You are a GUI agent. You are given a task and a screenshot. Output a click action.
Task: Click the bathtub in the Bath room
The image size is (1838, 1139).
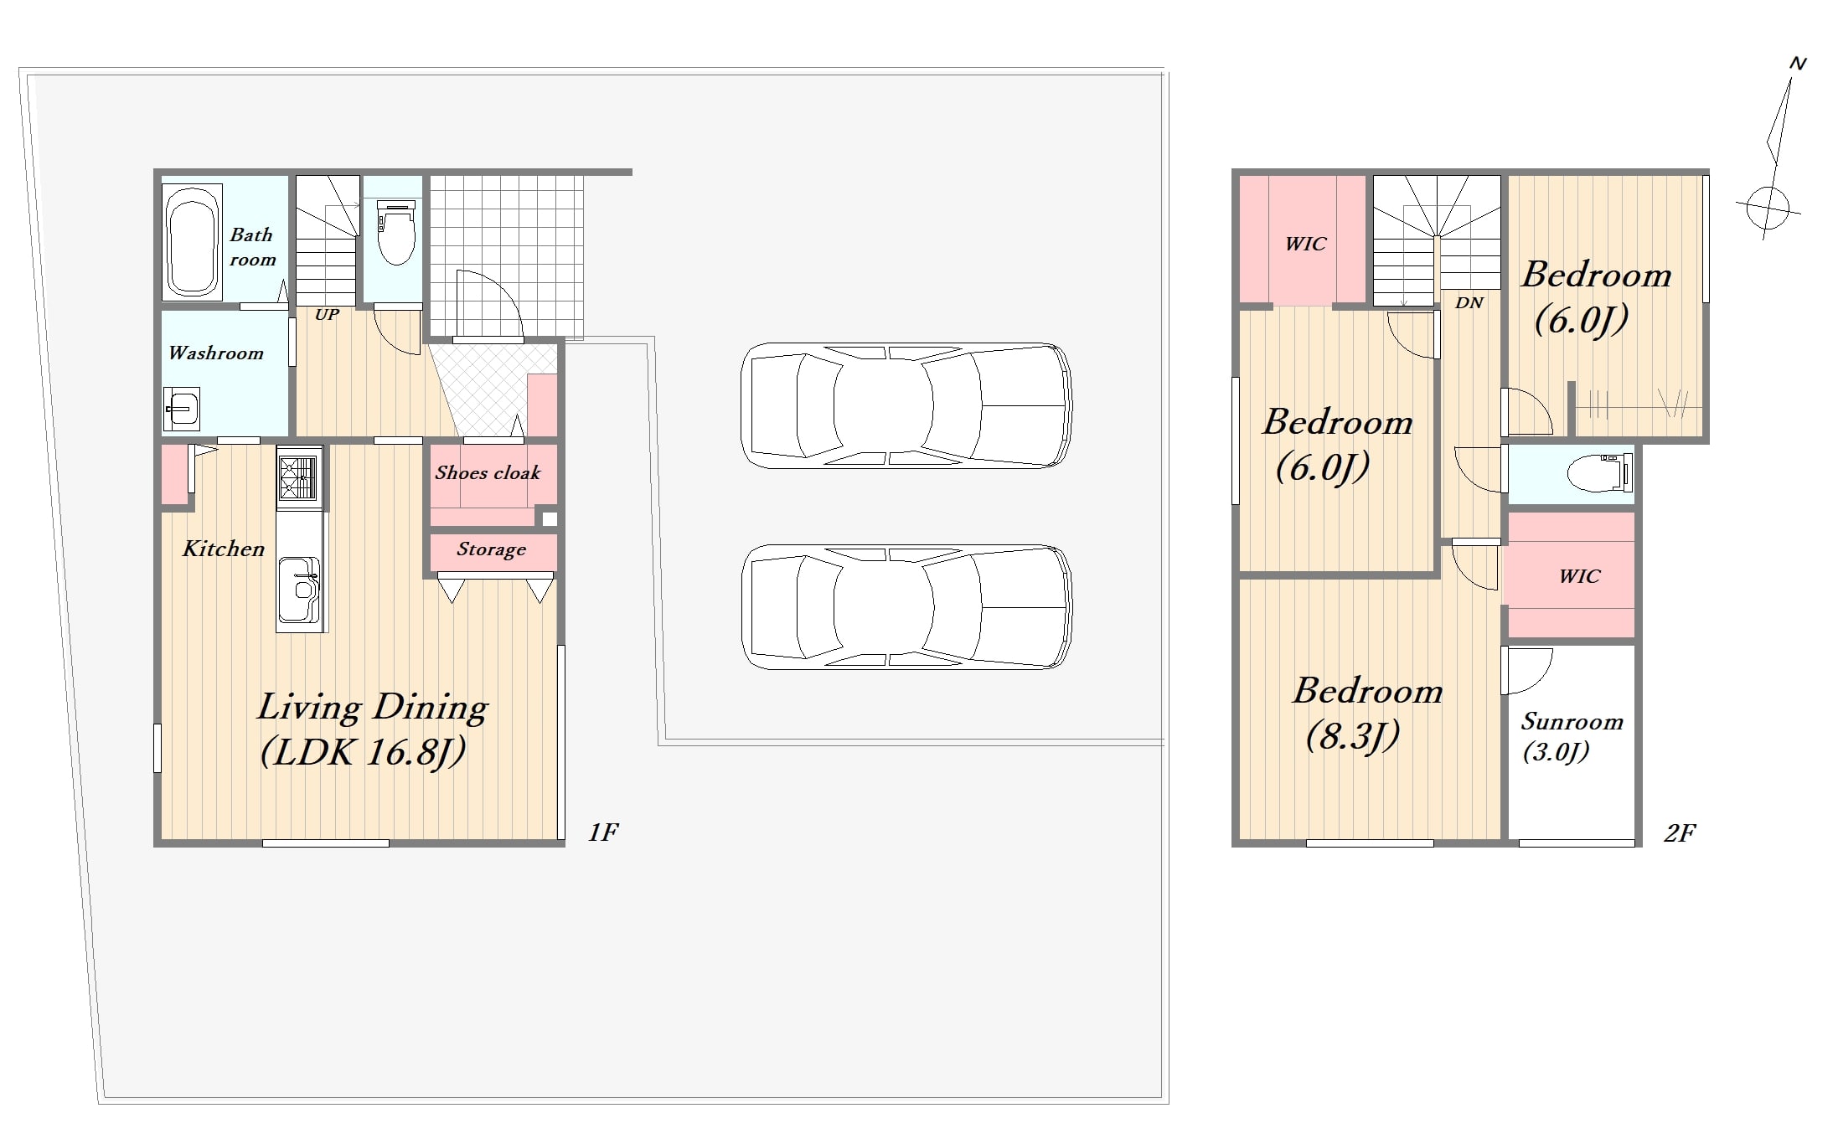tap(192, 242)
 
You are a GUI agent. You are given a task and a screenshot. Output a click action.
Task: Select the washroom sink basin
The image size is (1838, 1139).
tap(182, 408)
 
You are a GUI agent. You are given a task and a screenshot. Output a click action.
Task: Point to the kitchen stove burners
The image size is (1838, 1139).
tap(298, 478)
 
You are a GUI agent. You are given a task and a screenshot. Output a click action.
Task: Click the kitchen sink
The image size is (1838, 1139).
tap(299, 590)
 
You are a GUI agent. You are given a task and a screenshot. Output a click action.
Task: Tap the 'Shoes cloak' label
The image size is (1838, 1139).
tap(488, 472)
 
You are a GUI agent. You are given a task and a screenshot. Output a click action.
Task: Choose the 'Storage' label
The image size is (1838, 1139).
tap(492, 549)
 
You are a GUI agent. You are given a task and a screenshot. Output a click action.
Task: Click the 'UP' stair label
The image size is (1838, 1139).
tap(327, 315)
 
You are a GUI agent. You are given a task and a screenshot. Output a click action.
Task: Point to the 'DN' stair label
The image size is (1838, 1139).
tap(1469, 302)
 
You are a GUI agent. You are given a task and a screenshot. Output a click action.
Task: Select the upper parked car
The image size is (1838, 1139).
tap(906, 405)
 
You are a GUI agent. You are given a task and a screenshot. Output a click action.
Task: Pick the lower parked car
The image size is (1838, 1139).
tap(906, 607)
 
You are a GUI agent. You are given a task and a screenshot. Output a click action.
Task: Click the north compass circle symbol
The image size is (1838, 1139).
tap(1768, 206)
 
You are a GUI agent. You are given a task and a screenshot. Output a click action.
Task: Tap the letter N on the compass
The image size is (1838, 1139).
tap(1798, 64)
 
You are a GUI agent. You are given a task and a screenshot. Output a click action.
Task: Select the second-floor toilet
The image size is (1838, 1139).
tap(1599, 473)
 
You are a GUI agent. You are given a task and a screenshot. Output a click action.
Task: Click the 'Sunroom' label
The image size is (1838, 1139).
tap(1572, 722)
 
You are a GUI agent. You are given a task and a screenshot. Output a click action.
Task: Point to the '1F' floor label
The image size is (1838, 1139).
tap(602, 832)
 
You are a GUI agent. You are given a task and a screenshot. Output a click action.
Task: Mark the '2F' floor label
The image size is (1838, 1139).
tap(1680, 833)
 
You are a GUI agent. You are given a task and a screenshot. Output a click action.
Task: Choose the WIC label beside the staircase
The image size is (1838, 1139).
tap(1305, 244)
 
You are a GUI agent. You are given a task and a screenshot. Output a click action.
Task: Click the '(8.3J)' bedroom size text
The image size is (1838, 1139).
tap(1353, 736)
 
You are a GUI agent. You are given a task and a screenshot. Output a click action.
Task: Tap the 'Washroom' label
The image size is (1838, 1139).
tap(216, 353)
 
